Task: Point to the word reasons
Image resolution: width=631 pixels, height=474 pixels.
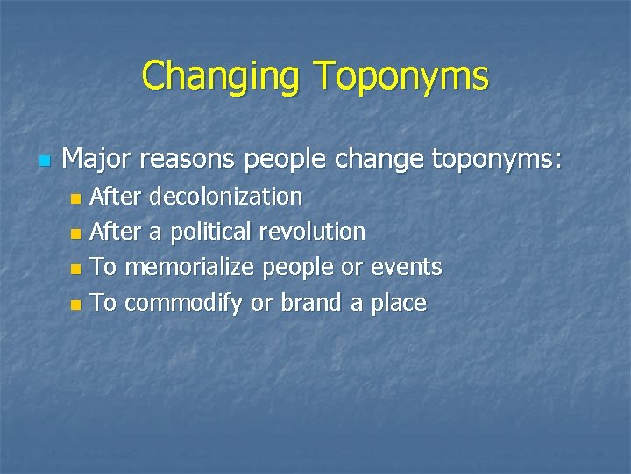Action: (x=188, y=159)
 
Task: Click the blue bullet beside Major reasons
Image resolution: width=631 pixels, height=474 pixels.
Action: (x=45, y=162)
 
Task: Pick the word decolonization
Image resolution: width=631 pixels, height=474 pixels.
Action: (x=226, y=196)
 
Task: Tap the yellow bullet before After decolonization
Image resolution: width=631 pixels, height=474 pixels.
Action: (x=75, y=198)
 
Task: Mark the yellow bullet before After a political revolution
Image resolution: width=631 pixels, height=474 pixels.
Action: (x=75, y=234)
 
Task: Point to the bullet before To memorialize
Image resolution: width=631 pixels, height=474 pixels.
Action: (x=75, y=269)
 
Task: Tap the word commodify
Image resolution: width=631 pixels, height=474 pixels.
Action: (x=184, y=304)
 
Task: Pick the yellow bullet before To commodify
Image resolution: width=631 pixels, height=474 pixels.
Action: (x=75, y=305)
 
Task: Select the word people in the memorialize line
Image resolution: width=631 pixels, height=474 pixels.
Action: (x=298, y=267)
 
